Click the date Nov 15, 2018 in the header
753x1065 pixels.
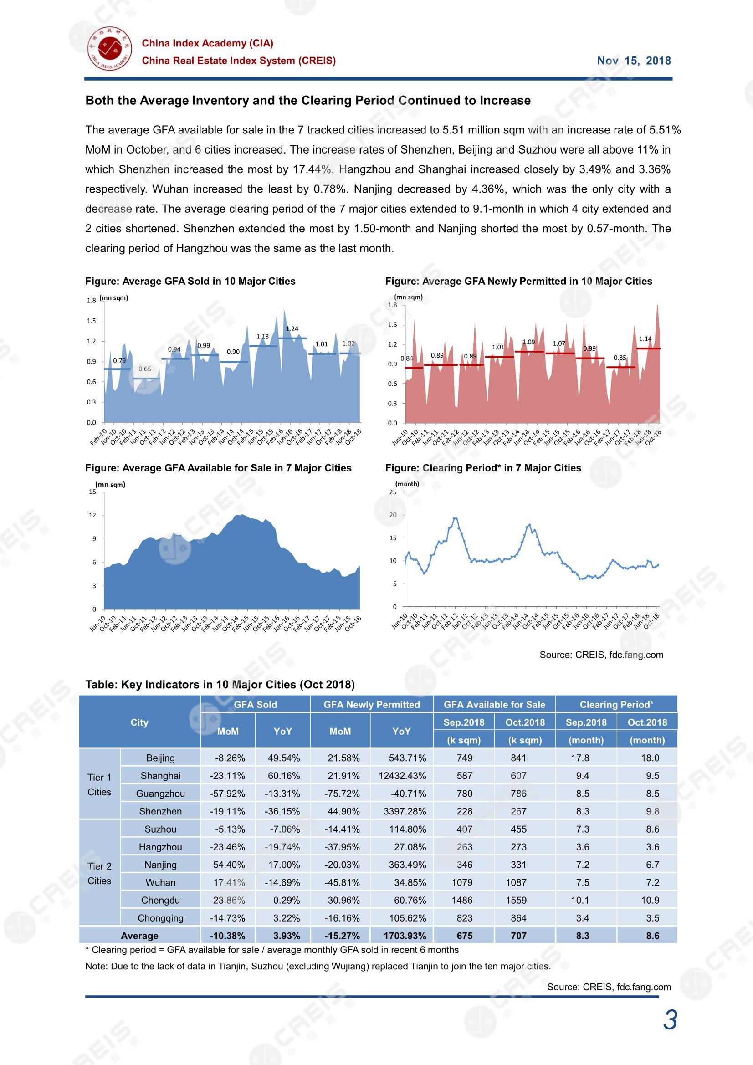[x=634, y=61]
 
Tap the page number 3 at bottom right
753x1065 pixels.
[x=671, y=1020]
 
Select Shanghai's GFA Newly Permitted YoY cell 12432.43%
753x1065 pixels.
[x=402, y=776]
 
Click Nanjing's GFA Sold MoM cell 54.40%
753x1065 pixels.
[x=228, y=865]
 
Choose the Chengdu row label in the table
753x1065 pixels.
[x=160, y=901]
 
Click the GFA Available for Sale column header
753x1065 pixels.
[x=495, y=705]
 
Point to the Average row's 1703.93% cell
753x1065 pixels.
[x=402, y=936]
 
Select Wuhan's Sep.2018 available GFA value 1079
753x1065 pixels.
[x=465, y=883]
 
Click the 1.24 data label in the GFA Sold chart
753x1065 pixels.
[x=292, y=329]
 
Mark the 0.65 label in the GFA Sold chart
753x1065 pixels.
[x=145, y=369]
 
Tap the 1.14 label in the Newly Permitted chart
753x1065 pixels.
[x=645, y=339]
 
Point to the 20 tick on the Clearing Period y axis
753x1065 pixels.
[x=393, y=515]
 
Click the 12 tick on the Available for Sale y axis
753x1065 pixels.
[x=92, y=515]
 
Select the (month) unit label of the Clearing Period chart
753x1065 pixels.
[x=407, y=484]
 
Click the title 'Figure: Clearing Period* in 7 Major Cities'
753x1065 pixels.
[x=483, y=468]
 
